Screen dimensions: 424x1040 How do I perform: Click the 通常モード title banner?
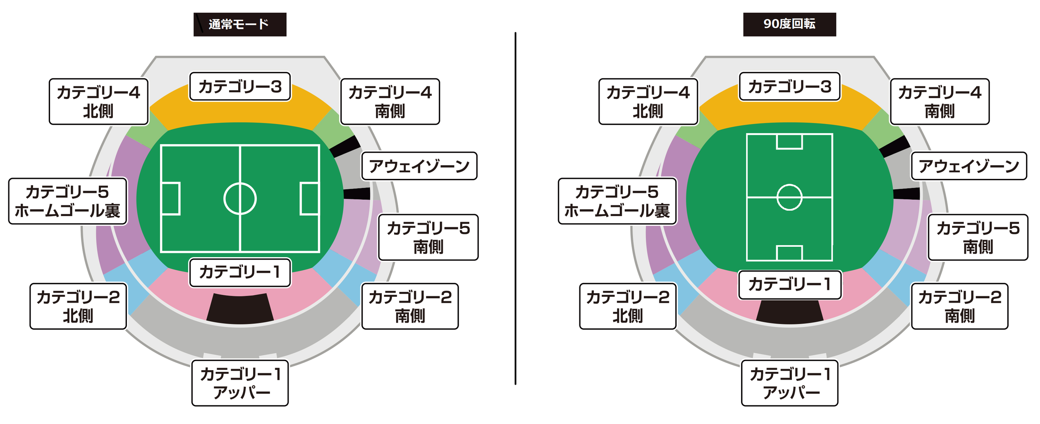[240, 24]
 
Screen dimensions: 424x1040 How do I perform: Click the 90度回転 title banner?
[789, 24]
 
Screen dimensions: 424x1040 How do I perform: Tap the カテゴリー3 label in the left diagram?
[240, 87]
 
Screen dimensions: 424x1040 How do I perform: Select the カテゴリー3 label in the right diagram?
[789, 87]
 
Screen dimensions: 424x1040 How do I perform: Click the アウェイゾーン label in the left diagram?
[419, 166]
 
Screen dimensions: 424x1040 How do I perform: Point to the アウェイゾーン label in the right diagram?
[968, 166]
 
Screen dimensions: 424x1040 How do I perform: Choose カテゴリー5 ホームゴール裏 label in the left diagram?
[67, 201]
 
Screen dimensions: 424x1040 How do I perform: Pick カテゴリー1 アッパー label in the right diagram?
[789, 383]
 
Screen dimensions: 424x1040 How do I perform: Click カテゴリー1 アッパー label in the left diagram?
[240, 383]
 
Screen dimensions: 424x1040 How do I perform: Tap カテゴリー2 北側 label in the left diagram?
[78, 306]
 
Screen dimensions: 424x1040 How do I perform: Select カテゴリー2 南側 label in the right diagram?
[959, 306]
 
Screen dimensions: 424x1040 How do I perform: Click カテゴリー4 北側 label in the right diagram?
[648, 101]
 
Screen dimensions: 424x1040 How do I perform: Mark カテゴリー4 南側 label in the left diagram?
[390, 101]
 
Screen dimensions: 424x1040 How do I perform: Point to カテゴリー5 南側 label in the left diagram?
[428, 237]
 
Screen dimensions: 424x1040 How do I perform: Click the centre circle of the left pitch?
[240, 199]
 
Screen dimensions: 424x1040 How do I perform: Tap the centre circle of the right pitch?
[789, 198]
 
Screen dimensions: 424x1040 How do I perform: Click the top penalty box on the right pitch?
[789, 141]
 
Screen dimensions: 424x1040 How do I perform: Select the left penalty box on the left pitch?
[170, 199]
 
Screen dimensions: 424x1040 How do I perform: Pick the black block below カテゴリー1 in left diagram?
[240, 308]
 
